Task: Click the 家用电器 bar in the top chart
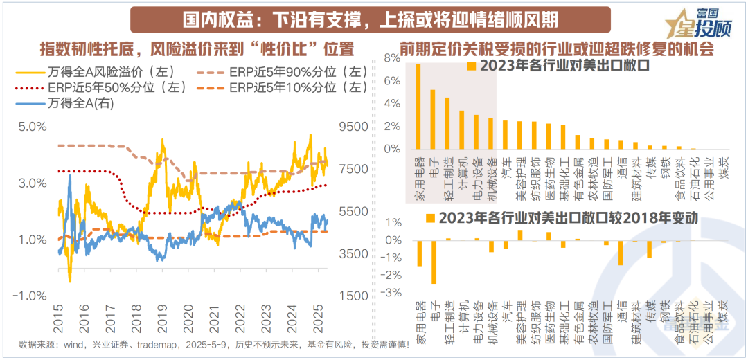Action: [x=418, y=107]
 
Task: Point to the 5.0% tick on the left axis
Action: [x=32, y=127]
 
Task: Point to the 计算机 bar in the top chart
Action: [x=462, y=129]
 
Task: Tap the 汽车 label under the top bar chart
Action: [x=506, y=165]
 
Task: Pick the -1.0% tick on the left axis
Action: [x=30, y=296]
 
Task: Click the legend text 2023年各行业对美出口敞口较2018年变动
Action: [x=568, y=217]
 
